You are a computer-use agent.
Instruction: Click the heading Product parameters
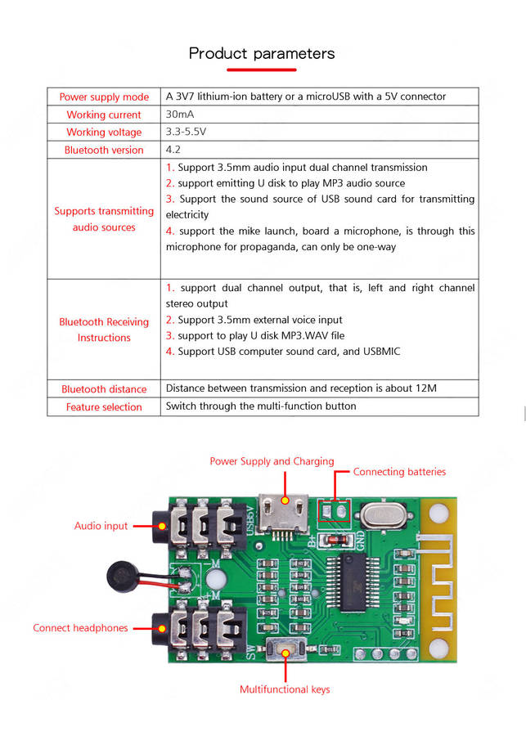262,54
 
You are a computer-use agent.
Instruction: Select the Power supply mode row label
104,97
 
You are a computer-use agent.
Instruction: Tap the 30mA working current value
180,114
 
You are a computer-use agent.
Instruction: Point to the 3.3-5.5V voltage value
187,132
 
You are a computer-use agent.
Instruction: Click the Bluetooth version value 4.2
173,150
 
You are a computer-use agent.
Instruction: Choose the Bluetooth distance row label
104,389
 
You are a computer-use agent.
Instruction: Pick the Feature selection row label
104,406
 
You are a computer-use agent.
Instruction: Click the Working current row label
104,115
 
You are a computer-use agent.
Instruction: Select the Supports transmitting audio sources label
104,219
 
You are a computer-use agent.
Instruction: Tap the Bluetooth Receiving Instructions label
104,330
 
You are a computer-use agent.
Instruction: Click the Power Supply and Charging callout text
272,461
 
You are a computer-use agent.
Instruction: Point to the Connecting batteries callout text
399,472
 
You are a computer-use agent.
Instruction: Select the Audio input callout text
101,526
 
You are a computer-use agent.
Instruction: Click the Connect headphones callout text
80,628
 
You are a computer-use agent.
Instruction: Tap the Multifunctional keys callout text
285,689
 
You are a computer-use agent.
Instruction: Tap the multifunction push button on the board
285,652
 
